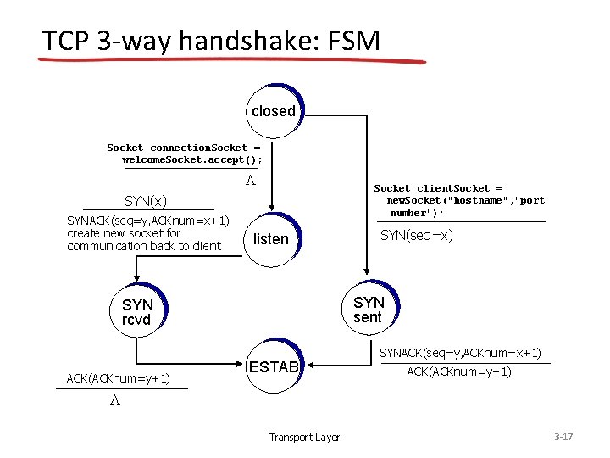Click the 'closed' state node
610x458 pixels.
pos(273,111)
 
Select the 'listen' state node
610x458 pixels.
pos(271,239)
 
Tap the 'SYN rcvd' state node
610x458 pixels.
pos(137,312)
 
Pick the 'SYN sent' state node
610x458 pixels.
pos(369,310)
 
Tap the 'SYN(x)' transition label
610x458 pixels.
pos(146,201)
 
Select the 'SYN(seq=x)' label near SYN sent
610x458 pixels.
pos(417,235)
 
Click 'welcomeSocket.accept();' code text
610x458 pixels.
pos(192,159)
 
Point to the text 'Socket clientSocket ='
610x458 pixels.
pos(438,188)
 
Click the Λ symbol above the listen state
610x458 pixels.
pos(250,181)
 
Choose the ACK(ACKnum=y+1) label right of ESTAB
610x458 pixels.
pos(459,371)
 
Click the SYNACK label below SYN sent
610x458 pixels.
pos(460,353)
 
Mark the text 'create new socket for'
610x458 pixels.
pos(124,233)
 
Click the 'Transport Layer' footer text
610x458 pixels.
pos(304,438)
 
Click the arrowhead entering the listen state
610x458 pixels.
pos(272,206)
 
